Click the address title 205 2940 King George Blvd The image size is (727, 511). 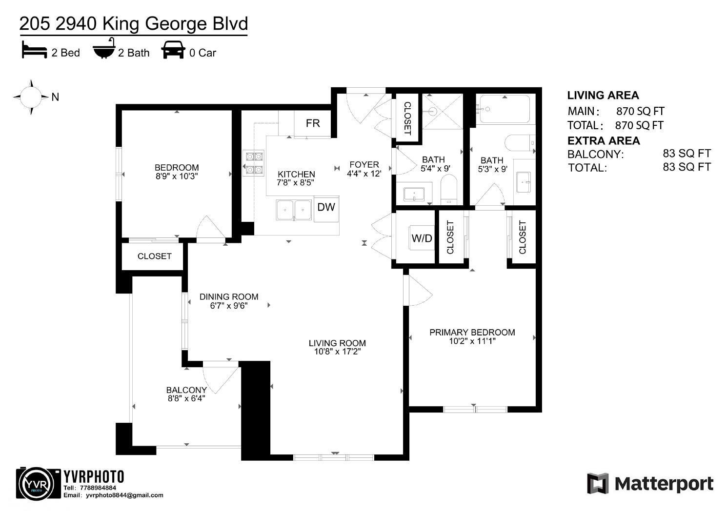(x=133, y=23)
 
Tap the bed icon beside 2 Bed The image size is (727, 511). (x=34, y=51)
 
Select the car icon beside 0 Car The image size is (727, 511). (x=173, y=50)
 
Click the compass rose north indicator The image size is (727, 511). (x=32, y=97)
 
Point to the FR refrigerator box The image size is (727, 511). (x=313, y=123)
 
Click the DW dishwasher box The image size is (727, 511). (x=326, y=207)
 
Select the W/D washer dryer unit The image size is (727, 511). (x=422, y=238)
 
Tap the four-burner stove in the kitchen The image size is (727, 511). (x=253, y=163)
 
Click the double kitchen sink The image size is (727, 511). (x=294, y=210)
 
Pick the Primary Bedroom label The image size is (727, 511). (x=472, y=333)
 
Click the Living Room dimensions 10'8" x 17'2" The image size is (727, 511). (x=337, y=352)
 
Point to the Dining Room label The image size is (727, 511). (x=229, y=296)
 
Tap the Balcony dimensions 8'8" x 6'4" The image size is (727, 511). (x=186, y=398)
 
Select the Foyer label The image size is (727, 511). (x=364, y=165)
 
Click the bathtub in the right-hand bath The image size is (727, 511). (x=504, y=109)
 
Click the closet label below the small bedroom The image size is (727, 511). (x=154, y=256)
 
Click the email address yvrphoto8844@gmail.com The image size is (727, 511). (x=124, y=495)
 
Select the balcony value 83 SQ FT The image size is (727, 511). (x=687, y=154)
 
